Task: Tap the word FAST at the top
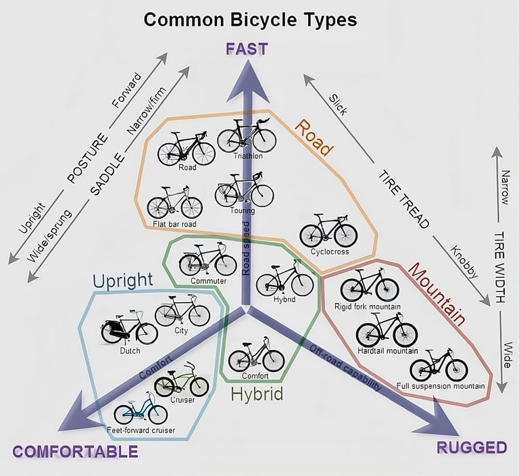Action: tap(247, 49)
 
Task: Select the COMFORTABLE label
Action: tap(75, 452)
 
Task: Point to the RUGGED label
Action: tap(472, 447)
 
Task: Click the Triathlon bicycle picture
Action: tap(247, 137)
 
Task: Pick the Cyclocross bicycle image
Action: tap(328, 231)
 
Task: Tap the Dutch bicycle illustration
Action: tap(129, 328)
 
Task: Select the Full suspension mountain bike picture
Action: tap(439, 366)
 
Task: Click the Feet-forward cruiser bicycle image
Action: tap(140, 412)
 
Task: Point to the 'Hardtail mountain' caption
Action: tap(387, 351)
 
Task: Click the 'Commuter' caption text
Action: tap(208, 281)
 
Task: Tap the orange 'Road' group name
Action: tap(315, 138)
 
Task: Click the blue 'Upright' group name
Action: tap(123, 280)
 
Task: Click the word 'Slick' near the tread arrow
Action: tap(338, 103)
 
